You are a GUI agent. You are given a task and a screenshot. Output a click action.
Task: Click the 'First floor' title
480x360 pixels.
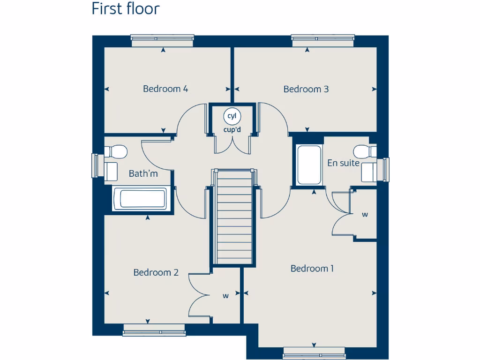pyautogui.click(x=125, y=9)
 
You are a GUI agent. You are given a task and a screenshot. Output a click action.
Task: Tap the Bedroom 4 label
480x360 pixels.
pyautogui.click(x=165, y=89)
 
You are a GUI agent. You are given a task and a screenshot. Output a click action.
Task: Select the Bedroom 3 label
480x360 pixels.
pyautogui.click(x=306, y=89)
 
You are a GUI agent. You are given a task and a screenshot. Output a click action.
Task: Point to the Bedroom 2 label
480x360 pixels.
pyautogui.click(x=156, y=272)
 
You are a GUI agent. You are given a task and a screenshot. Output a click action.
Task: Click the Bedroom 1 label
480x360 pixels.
pyautogui.click(x=312, y=269)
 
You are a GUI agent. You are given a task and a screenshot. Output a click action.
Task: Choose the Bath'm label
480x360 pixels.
pyautogui.click(x=143, y=174)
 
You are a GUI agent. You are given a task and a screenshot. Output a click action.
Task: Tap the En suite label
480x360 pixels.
pyautogui.click(x=343, y=163)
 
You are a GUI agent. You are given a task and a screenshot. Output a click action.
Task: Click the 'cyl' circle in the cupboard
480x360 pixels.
pyautogui.click(x=232, y=116)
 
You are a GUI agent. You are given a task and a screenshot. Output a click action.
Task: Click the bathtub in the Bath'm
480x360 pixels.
pyautogui.click(x=139, y=199)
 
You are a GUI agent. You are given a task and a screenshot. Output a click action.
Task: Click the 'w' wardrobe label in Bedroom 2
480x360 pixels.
pyautogui.click(x=225, y=296)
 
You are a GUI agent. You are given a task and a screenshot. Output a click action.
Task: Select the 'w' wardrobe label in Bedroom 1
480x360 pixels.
pyautogui.click(x=365, y=215)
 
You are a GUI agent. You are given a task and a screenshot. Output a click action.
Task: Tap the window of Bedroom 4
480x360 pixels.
pyautogui.click(x=162, y=41)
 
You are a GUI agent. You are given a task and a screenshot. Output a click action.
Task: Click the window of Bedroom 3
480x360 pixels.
pyautogui.click(x=322, y=41)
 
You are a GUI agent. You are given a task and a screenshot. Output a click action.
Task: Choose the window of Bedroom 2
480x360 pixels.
pyautogui.click(x=154, y=330)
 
